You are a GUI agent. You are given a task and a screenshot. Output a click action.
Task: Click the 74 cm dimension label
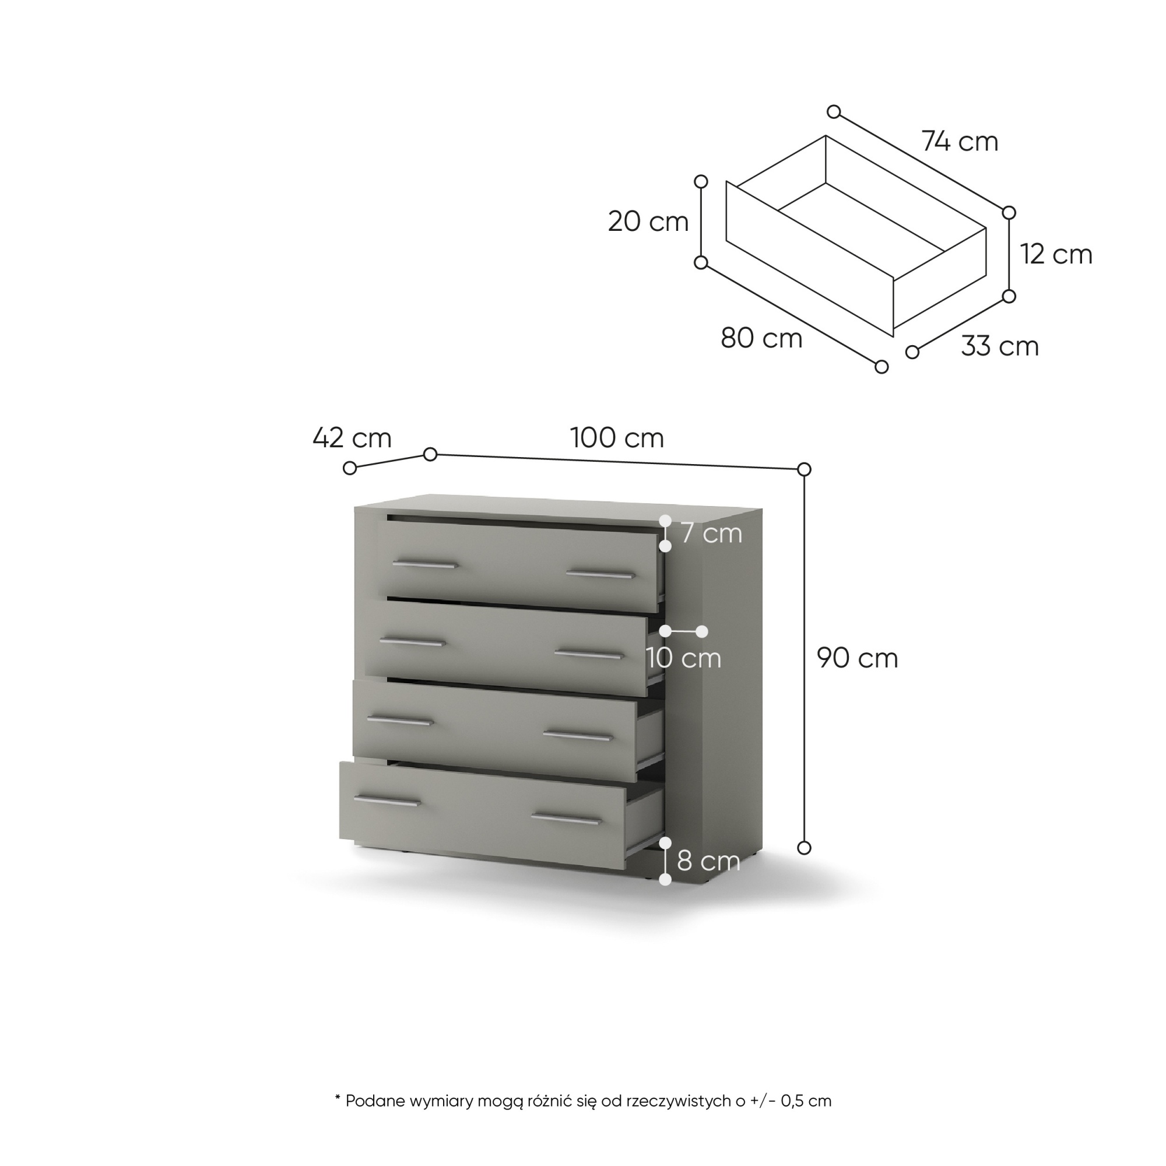(960, 142)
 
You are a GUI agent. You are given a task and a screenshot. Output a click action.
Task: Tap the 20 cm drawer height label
(648, 222)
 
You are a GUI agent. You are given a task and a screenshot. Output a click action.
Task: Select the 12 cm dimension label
(1057, 254)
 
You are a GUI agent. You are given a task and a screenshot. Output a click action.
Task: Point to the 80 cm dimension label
(761, 339)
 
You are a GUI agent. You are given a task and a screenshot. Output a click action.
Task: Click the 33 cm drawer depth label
(1000, 346)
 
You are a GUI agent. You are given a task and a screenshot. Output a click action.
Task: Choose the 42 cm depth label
(352, 438)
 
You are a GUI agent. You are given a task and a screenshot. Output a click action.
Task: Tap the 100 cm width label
(617, 438)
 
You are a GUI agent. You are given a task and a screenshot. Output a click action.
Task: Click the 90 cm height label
(858, 658)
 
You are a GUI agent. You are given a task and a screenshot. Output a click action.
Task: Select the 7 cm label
(711, 533)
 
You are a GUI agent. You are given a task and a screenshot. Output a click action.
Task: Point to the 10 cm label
(684, 658)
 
